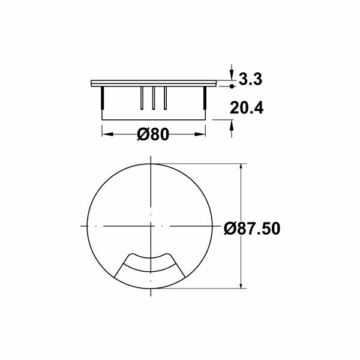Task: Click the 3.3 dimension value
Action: [x=251, y=79]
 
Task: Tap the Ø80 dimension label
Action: [x=153, y=134]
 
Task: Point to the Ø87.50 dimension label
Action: [x=252, y=229]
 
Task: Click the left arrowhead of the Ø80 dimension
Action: [x=106, y=134]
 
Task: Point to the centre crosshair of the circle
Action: [x=150, y=226]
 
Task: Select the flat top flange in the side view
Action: [x=153, y=82]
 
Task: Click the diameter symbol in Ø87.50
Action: [x=231, y=229]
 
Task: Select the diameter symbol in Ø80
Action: [x=143, y=134]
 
